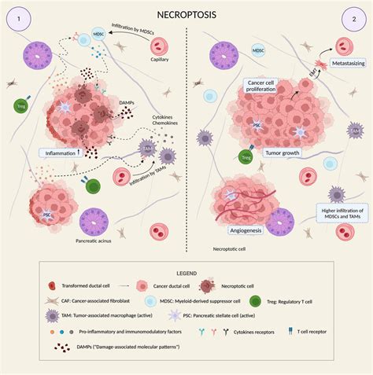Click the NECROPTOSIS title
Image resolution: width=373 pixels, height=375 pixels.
[x=187, y=13]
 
